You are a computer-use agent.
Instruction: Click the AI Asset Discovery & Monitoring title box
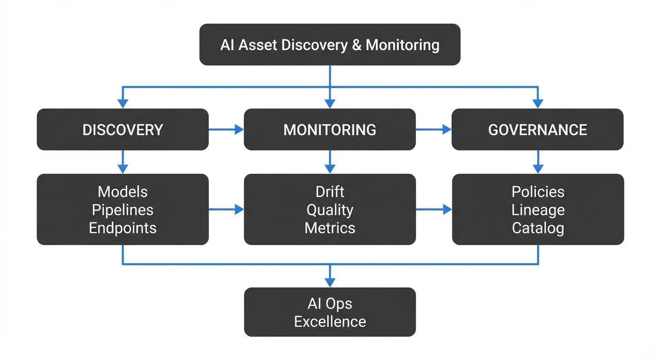330,45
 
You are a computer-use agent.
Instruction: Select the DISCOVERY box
122,129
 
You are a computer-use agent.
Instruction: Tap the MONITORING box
330,129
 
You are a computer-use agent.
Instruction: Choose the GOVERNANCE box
538,129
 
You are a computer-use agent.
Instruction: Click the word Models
122,192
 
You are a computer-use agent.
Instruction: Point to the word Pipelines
122,210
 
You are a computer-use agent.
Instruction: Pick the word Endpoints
122,228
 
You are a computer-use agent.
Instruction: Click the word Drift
330,192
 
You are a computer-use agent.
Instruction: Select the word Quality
330,210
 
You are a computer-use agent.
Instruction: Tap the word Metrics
330,228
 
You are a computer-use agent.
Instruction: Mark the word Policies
538,192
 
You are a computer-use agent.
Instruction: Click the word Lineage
538,210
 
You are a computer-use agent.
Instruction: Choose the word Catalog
538,228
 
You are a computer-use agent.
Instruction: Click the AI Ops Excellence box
330,312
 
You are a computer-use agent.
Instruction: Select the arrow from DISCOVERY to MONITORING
226,130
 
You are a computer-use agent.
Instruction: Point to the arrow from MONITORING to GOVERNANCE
433,130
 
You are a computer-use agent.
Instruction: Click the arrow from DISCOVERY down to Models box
122,162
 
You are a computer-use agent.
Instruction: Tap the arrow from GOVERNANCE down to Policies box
538,162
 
